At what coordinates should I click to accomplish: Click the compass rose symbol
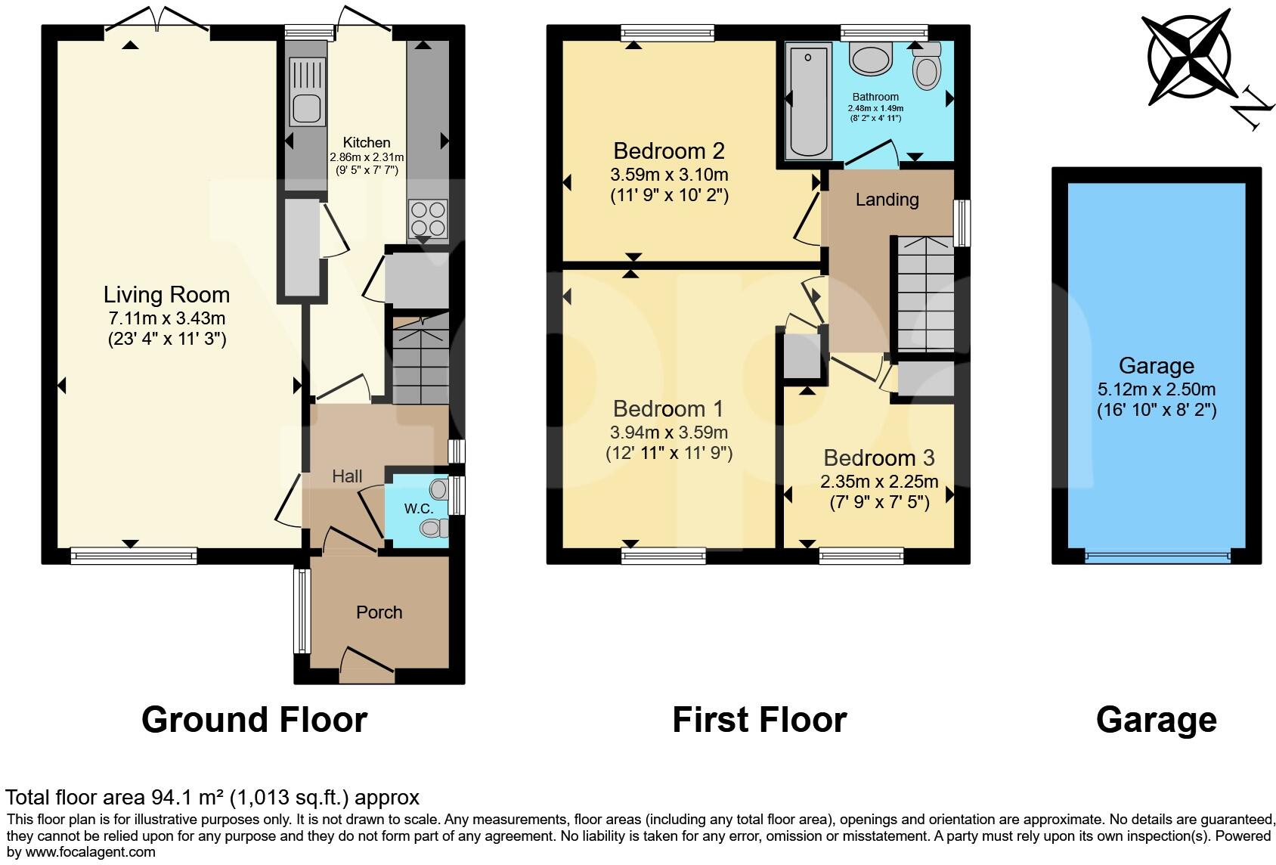coord(1190,57)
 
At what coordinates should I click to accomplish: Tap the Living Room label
coord(166,295)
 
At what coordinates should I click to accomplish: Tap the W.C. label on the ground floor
coord(418,509)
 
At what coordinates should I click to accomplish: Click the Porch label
coord(379,612)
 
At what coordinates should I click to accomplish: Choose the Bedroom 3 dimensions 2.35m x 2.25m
coord(879,482)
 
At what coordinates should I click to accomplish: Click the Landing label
coord(887,200)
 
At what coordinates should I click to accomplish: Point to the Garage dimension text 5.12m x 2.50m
coord(1156,390)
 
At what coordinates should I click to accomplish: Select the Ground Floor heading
coord(254,720)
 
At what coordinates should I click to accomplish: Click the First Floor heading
coord(759,720)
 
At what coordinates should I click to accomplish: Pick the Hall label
coord(347,476)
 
